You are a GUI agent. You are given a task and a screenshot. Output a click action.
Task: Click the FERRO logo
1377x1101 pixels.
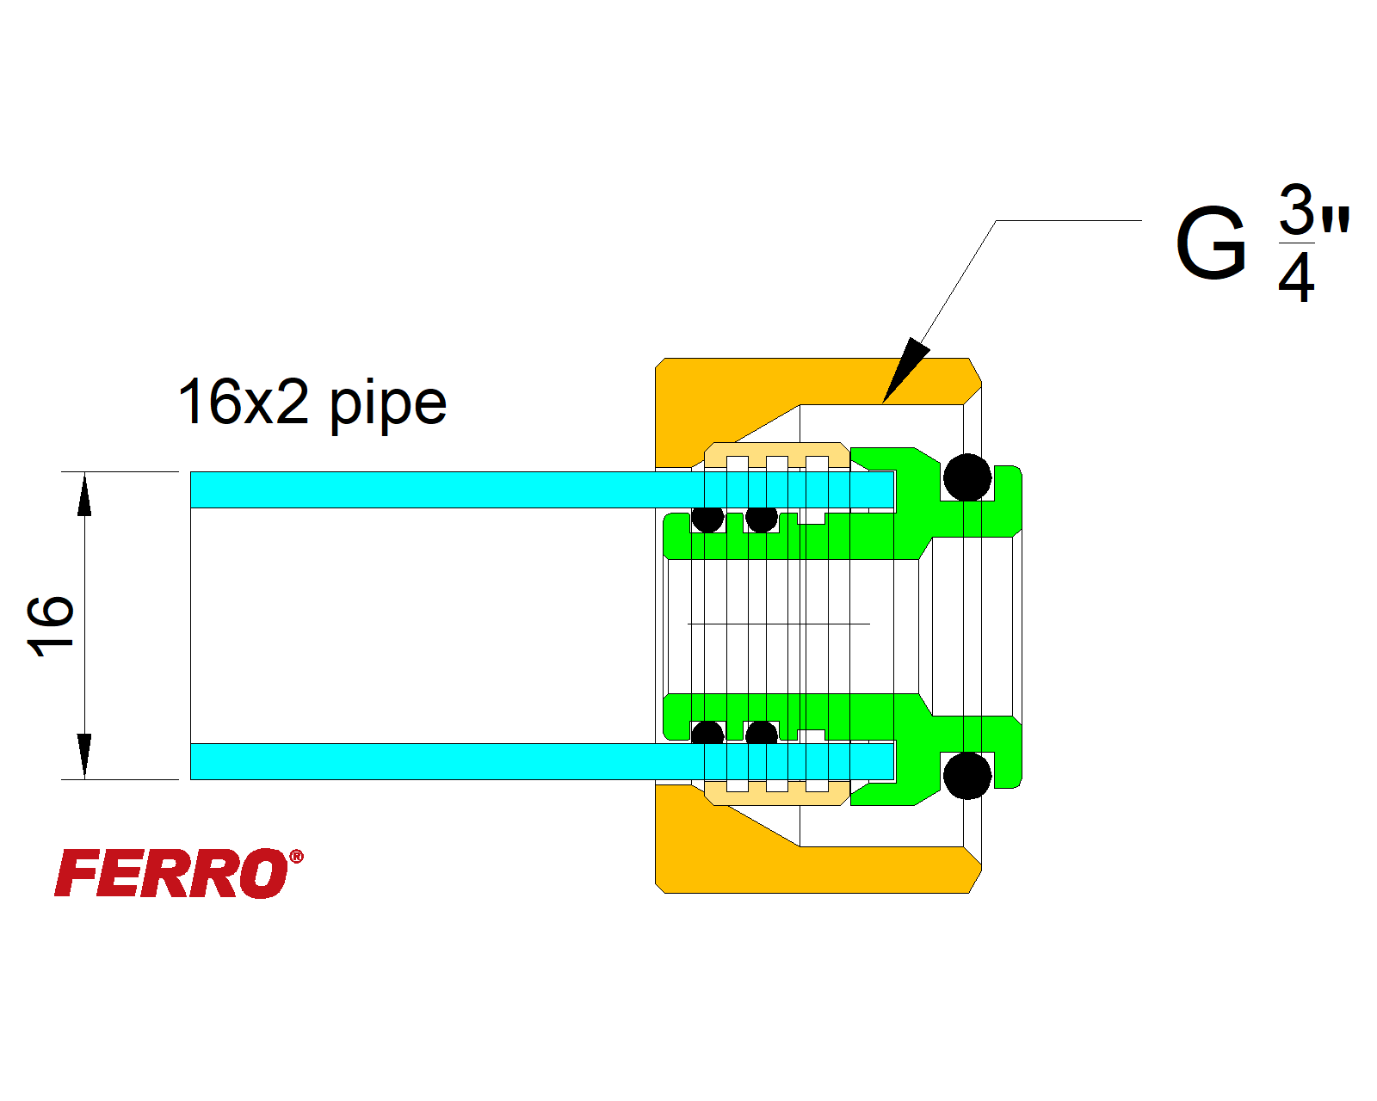point(172,873)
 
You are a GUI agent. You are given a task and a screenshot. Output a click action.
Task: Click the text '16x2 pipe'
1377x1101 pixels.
point(312,402)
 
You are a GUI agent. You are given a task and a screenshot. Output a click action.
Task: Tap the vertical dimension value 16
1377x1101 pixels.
point(50,625)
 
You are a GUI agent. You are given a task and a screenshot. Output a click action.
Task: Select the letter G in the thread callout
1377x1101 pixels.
point(1211,243)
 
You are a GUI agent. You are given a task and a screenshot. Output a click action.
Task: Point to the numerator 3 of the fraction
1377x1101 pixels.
point(1296,209)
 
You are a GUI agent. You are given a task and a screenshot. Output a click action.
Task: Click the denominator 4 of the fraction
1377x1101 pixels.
point(1296,277)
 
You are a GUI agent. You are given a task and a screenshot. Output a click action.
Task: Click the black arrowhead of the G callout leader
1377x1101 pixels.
point(905,370)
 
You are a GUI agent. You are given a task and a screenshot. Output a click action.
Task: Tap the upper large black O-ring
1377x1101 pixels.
point(967,477)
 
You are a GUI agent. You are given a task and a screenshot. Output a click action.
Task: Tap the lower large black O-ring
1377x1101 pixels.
point(967,775)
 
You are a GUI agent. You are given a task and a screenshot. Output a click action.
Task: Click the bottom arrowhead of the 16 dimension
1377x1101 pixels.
point(84,755)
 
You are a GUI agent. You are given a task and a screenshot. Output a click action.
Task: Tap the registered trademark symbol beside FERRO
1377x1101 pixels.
point(296,857)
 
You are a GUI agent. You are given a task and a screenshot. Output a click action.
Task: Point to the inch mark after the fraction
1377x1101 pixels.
point(1336,220)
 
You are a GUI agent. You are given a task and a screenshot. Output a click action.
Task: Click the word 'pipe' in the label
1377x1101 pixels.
point(388,403)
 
